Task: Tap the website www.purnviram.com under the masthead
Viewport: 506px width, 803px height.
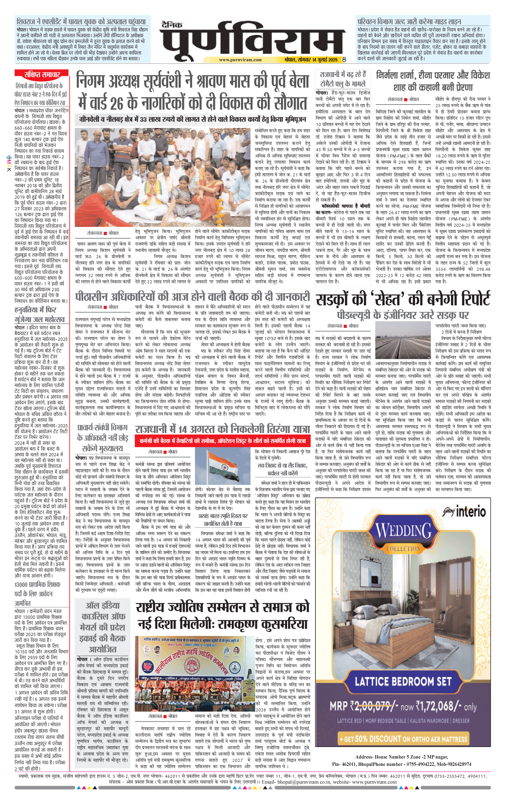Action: [240, 60]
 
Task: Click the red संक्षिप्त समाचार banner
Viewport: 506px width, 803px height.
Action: [41, 75]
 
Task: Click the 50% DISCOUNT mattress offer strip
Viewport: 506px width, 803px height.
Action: [403, 739]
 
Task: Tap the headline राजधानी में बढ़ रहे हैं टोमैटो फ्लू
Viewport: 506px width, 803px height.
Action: [342, 79]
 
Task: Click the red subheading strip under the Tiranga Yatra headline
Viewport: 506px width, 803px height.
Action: [222, 441]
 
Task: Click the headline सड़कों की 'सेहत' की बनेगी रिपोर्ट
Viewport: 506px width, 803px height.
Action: [403, 299]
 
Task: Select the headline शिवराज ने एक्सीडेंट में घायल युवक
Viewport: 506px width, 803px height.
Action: [81, 21]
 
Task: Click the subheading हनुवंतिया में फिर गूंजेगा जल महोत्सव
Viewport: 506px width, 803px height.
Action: [40, 314]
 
